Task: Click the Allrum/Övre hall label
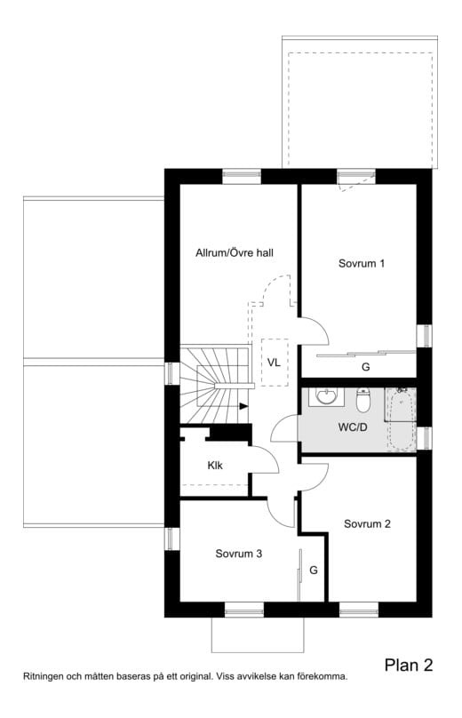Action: [234, 253]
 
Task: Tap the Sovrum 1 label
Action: [362, 264]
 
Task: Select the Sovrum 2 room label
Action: [367, 524]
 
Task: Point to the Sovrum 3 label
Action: [238, 554]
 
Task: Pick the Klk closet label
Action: [215, 465]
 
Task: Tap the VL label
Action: [274, 363]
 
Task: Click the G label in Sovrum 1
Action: [364, 366]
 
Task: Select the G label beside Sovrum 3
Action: [313, 570]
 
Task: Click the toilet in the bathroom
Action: [362, 402]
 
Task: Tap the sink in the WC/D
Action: [325, 395]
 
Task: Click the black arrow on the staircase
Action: [243, 407]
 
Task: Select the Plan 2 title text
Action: [409, 665]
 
